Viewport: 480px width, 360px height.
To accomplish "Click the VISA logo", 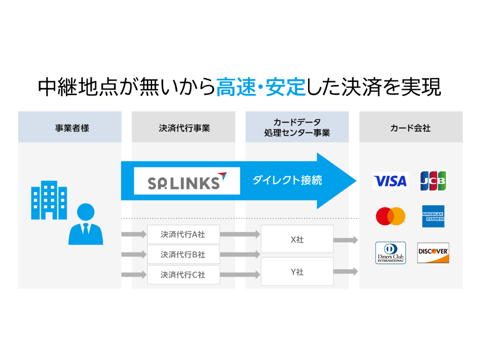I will (x=390, y=181).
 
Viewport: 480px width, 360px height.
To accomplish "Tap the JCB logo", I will (x=433, y=181).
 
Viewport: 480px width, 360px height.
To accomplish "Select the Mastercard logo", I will (x=390, y=216).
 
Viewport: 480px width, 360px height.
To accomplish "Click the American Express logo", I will (x=433, y=216).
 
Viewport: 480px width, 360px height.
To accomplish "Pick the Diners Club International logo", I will (x=390, y=253).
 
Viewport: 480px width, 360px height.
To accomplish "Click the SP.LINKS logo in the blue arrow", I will (x=187, y=181).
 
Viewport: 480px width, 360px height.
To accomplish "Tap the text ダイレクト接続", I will (x=287, y=181).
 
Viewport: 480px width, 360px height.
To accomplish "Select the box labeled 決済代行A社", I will (x=183, y=235).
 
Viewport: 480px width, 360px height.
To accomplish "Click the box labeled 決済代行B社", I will (x=183, y=255).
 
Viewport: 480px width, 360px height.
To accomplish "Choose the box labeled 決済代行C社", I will (x=183, y=275).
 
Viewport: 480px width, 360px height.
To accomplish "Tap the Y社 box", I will (x=297, y=272).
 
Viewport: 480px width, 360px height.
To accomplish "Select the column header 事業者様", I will (x=70, y=128).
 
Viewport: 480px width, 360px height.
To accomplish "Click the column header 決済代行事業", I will (x=183, y=128).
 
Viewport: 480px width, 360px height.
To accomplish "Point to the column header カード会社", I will (x=411, y=128).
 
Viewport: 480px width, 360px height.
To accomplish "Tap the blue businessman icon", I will (x=85, y=225).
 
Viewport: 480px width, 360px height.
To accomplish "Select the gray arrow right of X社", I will (x=346, y=240).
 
